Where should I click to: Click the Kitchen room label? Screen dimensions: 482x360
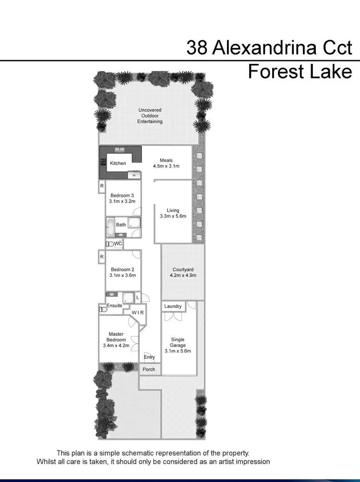click(118, 163)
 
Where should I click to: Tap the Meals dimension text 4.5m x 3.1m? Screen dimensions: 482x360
click(166, 166)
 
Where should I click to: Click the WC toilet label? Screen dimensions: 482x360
click(118, 244)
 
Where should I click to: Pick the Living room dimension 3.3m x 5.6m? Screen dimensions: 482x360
click(173, 216)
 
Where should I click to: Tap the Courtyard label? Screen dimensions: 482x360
click(183, 269)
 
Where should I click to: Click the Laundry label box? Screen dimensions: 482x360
click(173, 306)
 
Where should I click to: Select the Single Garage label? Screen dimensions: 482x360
click(178, 342)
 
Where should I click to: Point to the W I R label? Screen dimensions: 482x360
click(138, 313)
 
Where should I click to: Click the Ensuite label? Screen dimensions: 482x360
click(114, 305)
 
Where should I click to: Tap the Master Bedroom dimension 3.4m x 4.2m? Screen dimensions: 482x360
click(116, 345)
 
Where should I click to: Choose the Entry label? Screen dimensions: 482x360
click(149, 357)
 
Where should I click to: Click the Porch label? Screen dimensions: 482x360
click(149, 369)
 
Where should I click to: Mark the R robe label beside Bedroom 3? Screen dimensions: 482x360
click(102, 186)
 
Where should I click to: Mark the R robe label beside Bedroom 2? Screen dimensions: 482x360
click(102, 257)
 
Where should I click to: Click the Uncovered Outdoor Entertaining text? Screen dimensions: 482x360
click(150, 116)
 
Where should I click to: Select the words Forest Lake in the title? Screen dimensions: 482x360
click(300, 72)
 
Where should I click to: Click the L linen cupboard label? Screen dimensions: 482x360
click(138, 298)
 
